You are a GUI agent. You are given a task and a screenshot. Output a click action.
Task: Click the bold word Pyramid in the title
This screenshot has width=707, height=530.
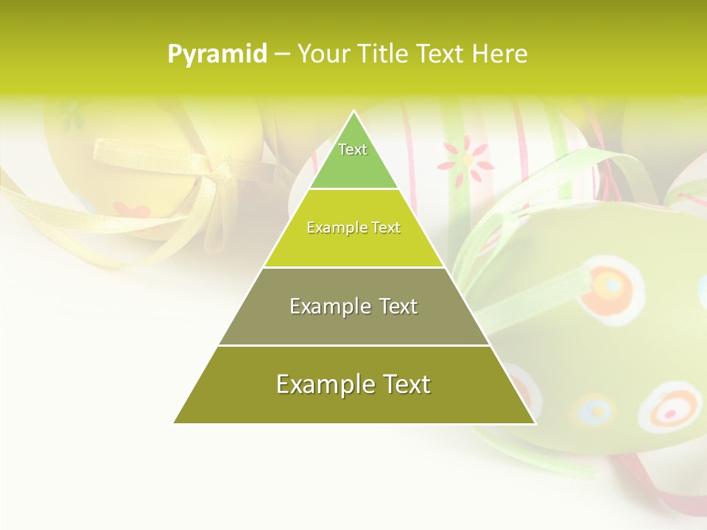[x=217, y=54]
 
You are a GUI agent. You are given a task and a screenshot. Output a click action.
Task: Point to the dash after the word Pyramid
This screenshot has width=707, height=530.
[x=281, y=54]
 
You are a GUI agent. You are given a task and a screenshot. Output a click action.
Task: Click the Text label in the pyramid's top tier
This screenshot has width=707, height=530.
[x=353, y=149]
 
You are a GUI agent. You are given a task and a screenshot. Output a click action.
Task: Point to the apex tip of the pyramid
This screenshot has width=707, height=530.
[x=354, y=111]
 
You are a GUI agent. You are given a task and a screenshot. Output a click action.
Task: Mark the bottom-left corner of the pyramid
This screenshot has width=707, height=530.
[x=175, y=423]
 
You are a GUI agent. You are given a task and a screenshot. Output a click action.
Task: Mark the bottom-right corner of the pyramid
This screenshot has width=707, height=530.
[x=535, y=423]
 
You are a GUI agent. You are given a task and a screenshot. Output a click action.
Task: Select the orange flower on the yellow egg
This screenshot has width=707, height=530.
[x=133, y=211]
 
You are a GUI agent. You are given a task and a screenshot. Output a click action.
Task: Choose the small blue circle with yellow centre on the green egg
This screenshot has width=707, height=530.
[x=591, y=410]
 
